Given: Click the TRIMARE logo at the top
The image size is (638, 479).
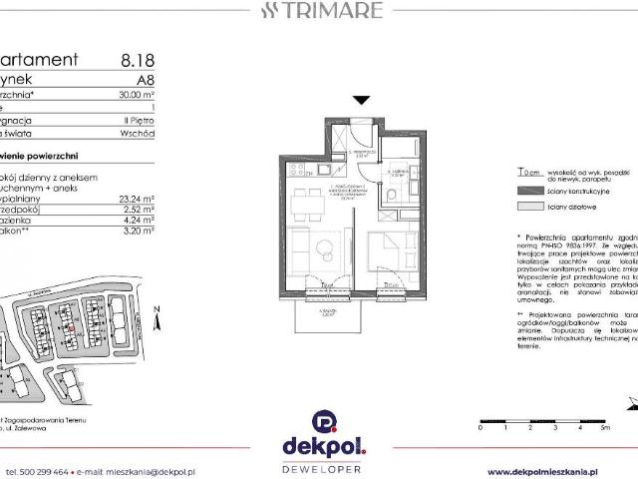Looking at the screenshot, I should pyautogui.click(x=320, y=12).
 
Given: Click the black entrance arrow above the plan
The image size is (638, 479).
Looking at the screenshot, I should pyautogui.click(x=361, y=100).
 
